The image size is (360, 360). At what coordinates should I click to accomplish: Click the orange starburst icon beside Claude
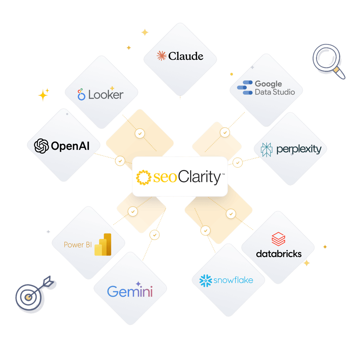[x=161, y=56]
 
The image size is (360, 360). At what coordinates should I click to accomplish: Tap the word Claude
[x=186, y=56]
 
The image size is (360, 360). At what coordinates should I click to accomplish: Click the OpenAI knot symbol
[x=41, y=146]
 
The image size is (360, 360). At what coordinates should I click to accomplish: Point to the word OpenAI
[x=70, y=146]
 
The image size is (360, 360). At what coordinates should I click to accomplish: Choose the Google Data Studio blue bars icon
[x=245, y=87]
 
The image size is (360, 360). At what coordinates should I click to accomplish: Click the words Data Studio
[x=275, y=92]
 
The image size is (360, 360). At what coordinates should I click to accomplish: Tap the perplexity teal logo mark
[x=266, y=150]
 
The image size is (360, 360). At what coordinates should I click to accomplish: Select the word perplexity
[x=299, y=149]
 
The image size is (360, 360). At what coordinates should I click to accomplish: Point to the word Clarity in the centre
[x=199, y=177]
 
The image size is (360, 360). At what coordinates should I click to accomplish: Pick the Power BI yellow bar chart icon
[x=103, y=244]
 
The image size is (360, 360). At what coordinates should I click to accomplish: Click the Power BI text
[x=78, y=245]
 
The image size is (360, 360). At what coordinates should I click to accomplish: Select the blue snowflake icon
[x=206, y=280]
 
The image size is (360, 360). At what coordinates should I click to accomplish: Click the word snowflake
[x=233, y=280]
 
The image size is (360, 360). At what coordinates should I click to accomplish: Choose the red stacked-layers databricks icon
[x=278, y=239]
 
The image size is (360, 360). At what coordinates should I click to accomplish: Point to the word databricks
[x=279, y=254]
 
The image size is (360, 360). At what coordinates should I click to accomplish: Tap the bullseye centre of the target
[x=28, y=297]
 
